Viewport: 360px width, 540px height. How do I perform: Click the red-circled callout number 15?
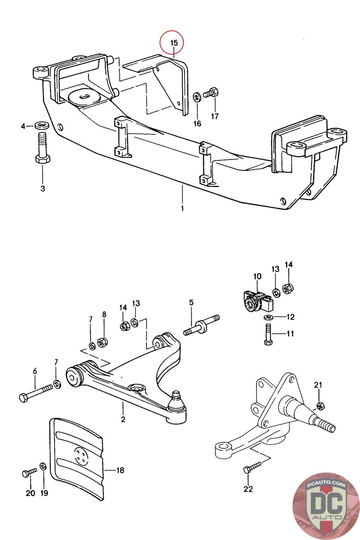(173, 43)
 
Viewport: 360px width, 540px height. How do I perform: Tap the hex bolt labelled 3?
(42, 149)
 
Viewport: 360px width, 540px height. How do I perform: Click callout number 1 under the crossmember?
(182, 208)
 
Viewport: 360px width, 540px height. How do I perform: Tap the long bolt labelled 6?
(35, 393)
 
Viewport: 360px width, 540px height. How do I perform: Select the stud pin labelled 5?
(201, 326)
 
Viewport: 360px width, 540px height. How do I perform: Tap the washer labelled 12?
(268, 317)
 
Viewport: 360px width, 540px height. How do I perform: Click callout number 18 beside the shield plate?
(120, 470)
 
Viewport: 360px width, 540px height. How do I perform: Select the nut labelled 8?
(102, 343)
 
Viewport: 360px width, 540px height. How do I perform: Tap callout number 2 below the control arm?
(123, 419)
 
